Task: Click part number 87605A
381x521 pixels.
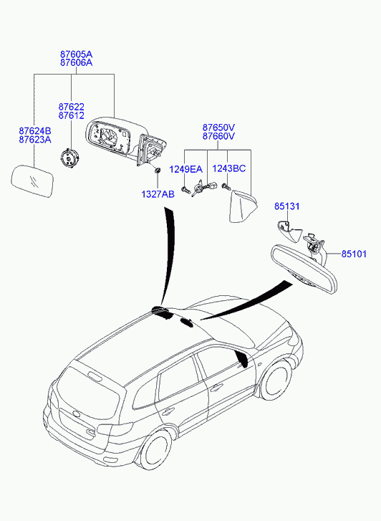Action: (76, 54)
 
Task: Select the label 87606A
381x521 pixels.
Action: (76, 62)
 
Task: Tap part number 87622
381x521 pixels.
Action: (72, 107)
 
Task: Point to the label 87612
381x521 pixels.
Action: (72, 115)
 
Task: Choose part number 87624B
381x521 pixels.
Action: (35, 130)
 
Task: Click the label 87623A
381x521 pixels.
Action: (35, 139)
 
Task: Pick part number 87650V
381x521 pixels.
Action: (219, 128)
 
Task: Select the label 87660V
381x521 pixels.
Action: (219, 136)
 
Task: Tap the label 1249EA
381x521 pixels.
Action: (185, 169)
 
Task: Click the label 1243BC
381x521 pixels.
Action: (229, 168)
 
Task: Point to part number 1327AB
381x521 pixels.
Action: (158, 194)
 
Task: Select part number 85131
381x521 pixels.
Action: (286, 206)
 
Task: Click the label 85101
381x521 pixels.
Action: (354, 254)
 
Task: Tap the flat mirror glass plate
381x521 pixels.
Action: (32, 181)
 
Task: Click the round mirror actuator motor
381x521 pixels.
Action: (69, 158)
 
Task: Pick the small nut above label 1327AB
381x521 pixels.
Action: (157, 171)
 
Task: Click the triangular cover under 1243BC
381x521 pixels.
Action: (243, 206)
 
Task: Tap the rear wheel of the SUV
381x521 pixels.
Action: (156, 451)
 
